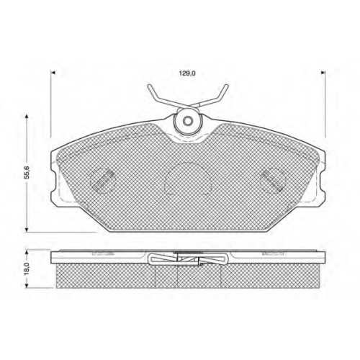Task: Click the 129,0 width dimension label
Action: [187, 73]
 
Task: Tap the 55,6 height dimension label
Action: [27, 172]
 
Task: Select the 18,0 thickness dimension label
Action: [27, 269]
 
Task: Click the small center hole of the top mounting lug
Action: [187, 121]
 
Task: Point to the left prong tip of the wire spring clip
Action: [149, 86]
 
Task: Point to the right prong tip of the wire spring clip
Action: [226, 86]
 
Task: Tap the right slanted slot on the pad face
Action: [272, 181]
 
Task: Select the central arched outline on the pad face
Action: [188, 178]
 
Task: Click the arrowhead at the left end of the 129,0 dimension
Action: [54, 72]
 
